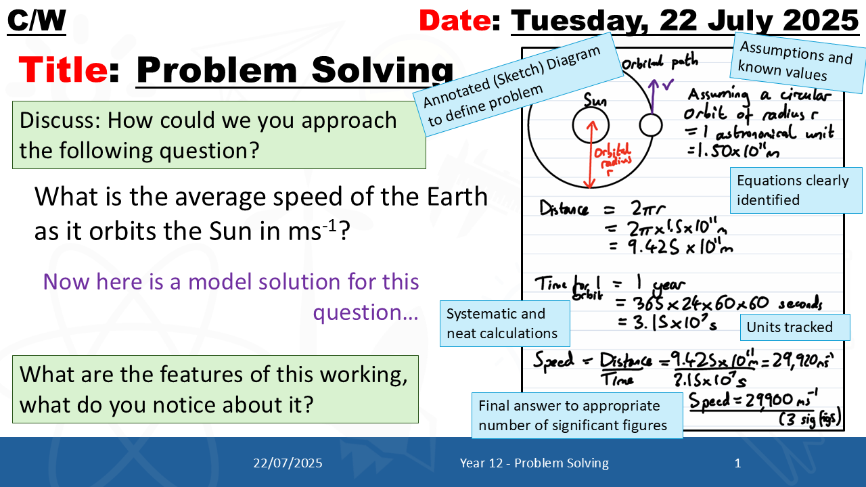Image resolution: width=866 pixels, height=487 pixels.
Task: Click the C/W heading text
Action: pos(37,20)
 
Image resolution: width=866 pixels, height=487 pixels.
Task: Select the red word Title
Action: pos(63,70)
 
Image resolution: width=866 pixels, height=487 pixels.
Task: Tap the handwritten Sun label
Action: pos(595,100)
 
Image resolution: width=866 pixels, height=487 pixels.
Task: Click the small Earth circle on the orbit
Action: pos(651,126)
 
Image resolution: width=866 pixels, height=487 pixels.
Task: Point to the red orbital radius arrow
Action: pos(591,155)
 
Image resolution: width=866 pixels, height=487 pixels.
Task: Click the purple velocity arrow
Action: pos(653,97)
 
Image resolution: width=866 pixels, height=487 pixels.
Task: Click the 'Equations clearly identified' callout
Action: pos(796,190)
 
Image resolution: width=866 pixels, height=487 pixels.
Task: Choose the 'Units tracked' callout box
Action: pos(795,327)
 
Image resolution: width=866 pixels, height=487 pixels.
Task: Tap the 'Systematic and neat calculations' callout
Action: pos(505,323)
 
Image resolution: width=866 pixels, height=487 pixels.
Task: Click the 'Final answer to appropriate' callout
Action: pos(577,415)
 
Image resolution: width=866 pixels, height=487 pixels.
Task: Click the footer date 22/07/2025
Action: pos(288,463)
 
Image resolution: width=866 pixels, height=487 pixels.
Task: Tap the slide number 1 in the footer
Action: pos(737,463)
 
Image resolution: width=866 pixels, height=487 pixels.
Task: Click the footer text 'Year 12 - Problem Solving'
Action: pos(534,463)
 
